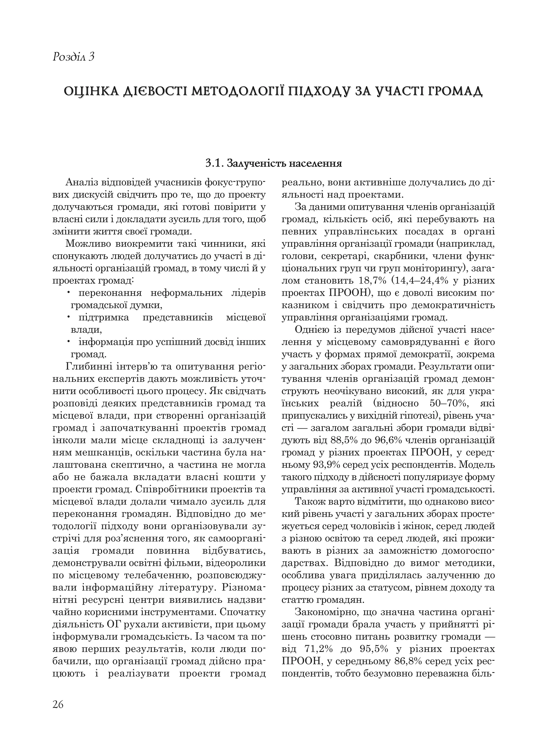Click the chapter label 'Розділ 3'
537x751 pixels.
(73, 57)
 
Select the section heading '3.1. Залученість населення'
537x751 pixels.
(273, 163)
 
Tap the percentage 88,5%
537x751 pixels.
(344, 441)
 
